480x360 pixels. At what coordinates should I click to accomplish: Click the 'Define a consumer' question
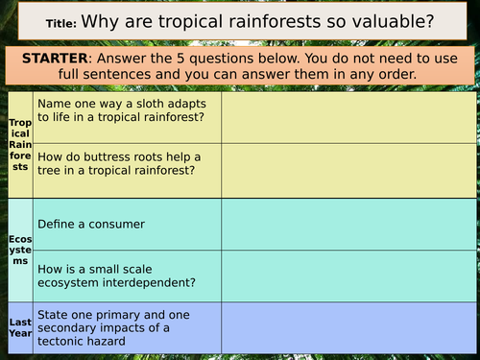[91, 224]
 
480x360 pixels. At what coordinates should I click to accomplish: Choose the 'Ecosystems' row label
[19, 252]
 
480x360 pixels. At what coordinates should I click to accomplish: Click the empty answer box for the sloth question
[348, 116]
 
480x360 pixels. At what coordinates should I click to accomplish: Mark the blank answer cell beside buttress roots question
[348, 170]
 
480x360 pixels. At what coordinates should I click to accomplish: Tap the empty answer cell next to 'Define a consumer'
[348, 225]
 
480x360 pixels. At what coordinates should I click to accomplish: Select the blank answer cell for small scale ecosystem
[348, 277]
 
